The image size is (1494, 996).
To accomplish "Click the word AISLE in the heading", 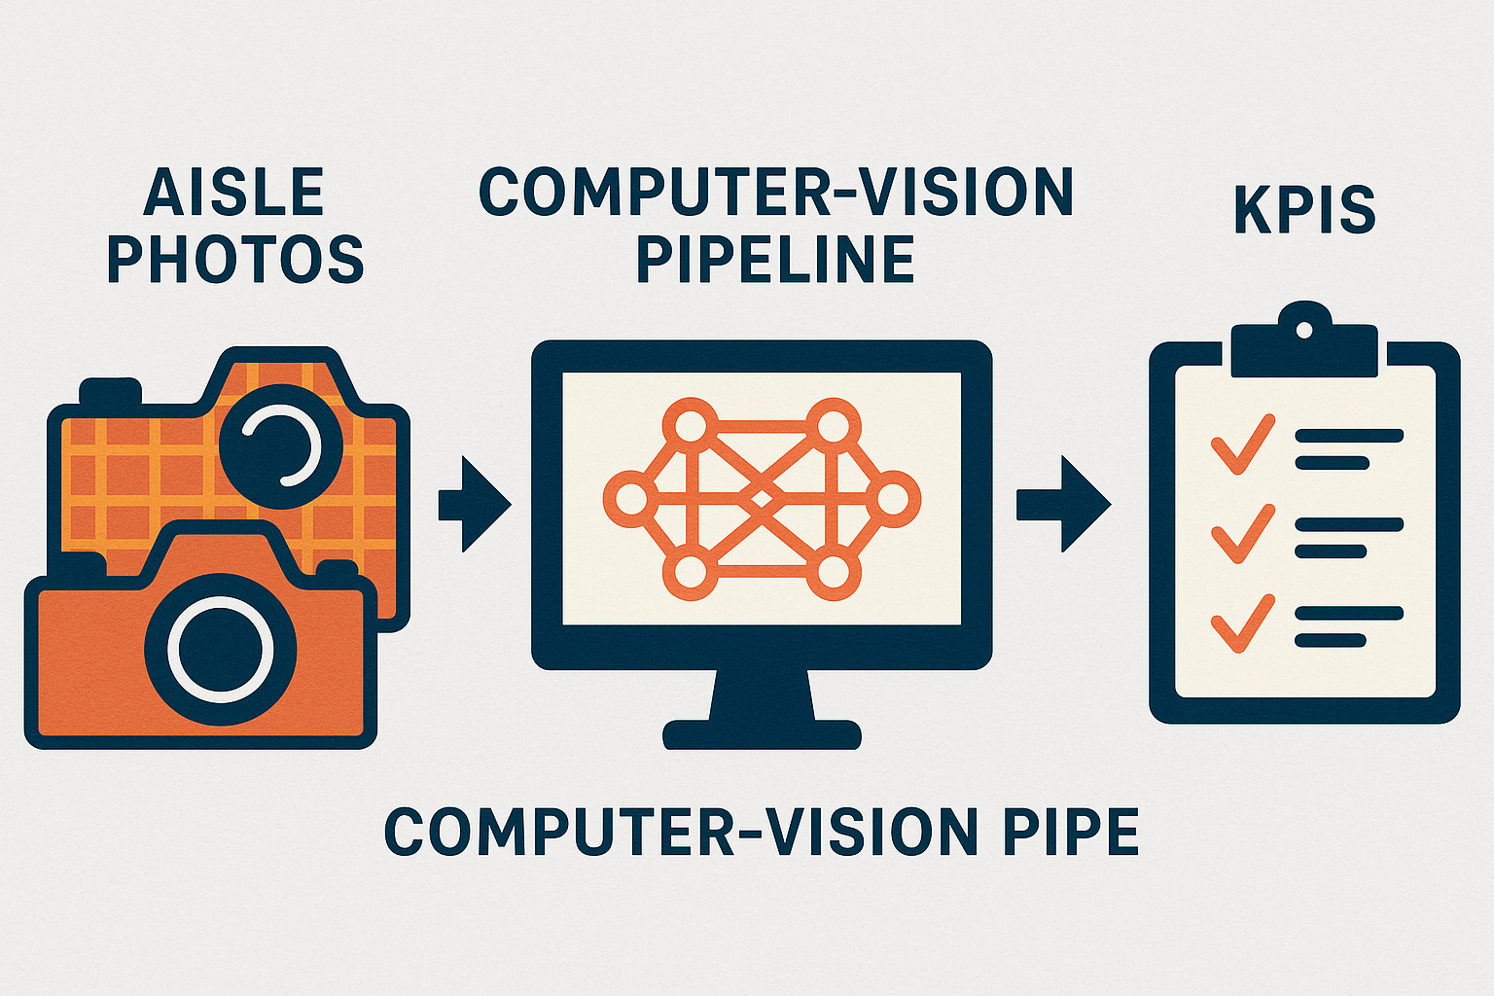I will (233, 192).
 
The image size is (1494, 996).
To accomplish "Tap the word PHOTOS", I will (235, 259).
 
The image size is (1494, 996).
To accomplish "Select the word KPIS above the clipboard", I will (1304, 208).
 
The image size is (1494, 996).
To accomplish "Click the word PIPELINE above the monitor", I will (775, 259).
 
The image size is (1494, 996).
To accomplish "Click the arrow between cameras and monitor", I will (475, 504).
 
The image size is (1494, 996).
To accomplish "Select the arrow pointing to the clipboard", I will (1062, 504).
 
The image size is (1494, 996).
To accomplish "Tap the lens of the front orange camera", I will (221, 648).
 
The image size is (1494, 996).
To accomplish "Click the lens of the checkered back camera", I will (281, 446).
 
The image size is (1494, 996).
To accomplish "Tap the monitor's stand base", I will (762, 732).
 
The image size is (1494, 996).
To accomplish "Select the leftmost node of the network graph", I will (631, 500).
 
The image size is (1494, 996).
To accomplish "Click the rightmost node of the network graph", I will (892, 500).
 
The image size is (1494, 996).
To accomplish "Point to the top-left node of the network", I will (690, 426).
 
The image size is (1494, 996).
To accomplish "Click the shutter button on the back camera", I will (110, 391).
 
